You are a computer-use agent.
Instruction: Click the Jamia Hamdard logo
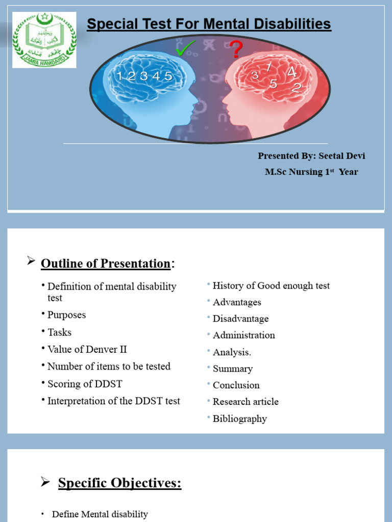point(44,40)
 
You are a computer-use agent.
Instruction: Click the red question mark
point(236,50)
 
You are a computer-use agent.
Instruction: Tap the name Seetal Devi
point(342,156)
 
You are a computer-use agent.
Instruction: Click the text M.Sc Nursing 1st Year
point(311,172)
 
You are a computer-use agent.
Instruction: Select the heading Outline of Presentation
point(105,264)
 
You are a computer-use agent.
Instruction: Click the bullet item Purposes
point(66,315)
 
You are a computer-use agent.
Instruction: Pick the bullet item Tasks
point(59,332)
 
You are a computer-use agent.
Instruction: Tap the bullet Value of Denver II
point(87,349)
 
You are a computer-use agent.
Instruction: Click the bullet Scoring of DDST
point(85,384)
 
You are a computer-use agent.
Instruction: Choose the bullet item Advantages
point(237,302)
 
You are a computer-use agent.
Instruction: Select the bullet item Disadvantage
point(240,319)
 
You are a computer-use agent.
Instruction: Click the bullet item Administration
point(243,335)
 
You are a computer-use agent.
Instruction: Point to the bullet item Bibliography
point(239,419)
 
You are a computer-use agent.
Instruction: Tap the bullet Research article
point(246,402)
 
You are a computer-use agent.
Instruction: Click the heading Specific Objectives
point(119,483)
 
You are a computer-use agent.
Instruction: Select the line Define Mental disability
point(100,514)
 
